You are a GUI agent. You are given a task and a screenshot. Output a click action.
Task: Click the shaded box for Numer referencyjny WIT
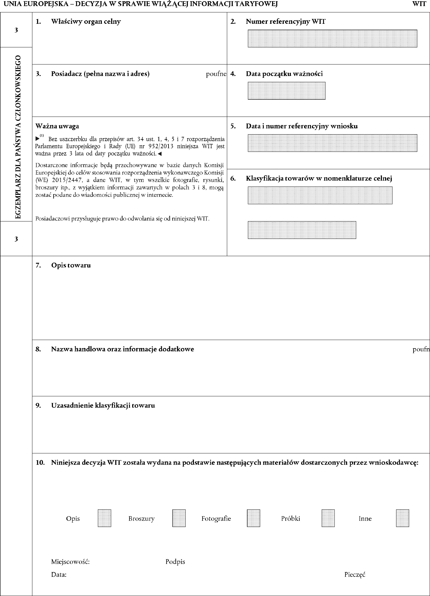pos(332,39)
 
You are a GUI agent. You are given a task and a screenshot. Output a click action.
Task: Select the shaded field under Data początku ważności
pos(286,91)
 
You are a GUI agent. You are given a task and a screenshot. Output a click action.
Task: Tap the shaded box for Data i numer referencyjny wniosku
pos(332,143)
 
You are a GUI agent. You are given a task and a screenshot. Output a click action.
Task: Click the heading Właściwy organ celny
pos(86,21)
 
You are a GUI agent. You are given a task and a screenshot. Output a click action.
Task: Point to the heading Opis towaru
pos(71,265)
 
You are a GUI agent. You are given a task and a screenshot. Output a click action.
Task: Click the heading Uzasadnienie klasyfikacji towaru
pos(103,405)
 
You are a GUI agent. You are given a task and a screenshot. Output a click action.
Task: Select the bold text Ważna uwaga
pos(57,126)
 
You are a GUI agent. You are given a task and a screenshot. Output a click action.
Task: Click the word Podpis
pos(175,562)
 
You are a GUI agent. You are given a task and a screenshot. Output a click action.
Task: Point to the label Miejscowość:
pos(70,562)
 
